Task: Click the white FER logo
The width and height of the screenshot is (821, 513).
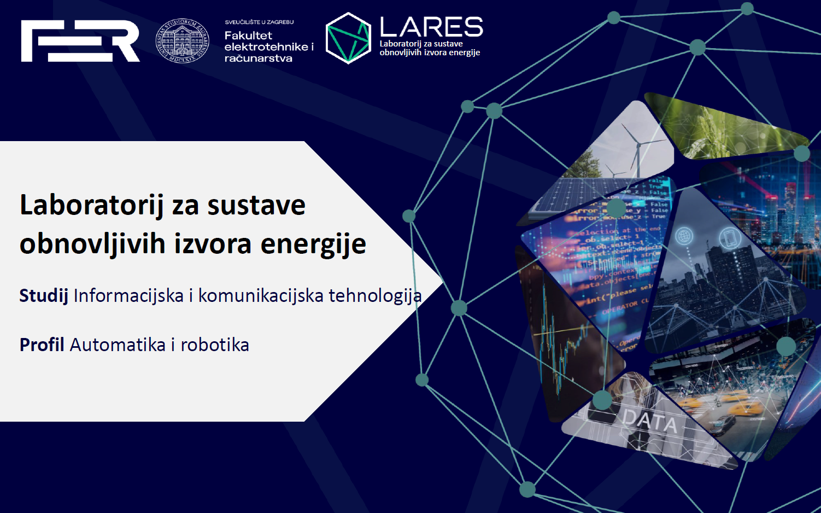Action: point(80,41)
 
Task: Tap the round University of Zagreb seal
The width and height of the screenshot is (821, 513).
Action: point(183,41)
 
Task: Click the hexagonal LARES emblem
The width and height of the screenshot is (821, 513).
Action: point(348,38)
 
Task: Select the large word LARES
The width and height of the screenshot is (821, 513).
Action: point(431,27)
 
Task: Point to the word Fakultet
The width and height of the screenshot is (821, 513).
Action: point(248,36)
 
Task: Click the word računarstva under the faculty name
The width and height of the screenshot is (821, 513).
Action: point(258,59)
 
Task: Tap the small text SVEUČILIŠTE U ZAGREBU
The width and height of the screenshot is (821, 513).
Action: point(259,22)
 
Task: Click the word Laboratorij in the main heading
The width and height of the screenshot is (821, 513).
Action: point(91,206)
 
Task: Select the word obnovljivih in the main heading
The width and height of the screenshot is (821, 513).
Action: point(92,244)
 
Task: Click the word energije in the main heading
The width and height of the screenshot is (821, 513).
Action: point(313,244)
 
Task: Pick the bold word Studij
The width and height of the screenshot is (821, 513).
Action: point(44,296)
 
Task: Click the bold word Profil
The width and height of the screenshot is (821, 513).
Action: point(42,345)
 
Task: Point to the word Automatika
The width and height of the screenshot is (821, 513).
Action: point(118,345)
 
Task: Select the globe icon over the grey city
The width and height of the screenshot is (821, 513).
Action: point(684,236)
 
